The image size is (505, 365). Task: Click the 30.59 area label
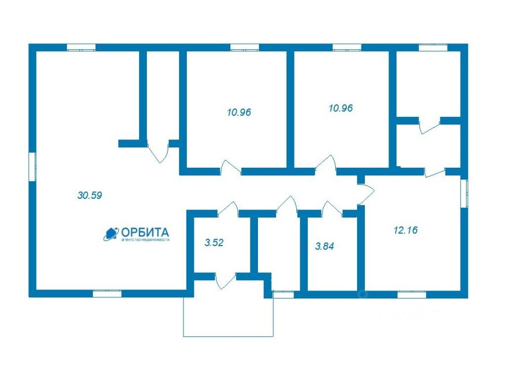[90, 195]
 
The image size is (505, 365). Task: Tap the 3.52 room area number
[214, 243]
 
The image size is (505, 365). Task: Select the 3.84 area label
[325, 246]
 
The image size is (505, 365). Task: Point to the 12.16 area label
[406, 229]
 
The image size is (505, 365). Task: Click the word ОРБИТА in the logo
[144, 232]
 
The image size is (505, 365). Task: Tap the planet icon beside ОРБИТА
[111, 233]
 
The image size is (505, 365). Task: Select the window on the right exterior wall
[464, 193]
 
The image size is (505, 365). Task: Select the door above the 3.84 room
[331, 208]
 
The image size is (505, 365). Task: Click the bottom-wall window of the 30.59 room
[107, 293]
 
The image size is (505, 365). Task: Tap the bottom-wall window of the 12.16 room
[411, 294]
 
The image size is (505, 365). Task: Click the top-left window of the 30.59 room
[81, 47]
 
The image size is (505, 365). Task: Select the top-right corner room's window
[433, 47]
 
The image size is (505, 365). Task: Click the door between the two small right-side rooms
[429, 126]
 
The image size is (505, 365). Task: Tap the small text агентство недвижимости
[144, 240]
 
